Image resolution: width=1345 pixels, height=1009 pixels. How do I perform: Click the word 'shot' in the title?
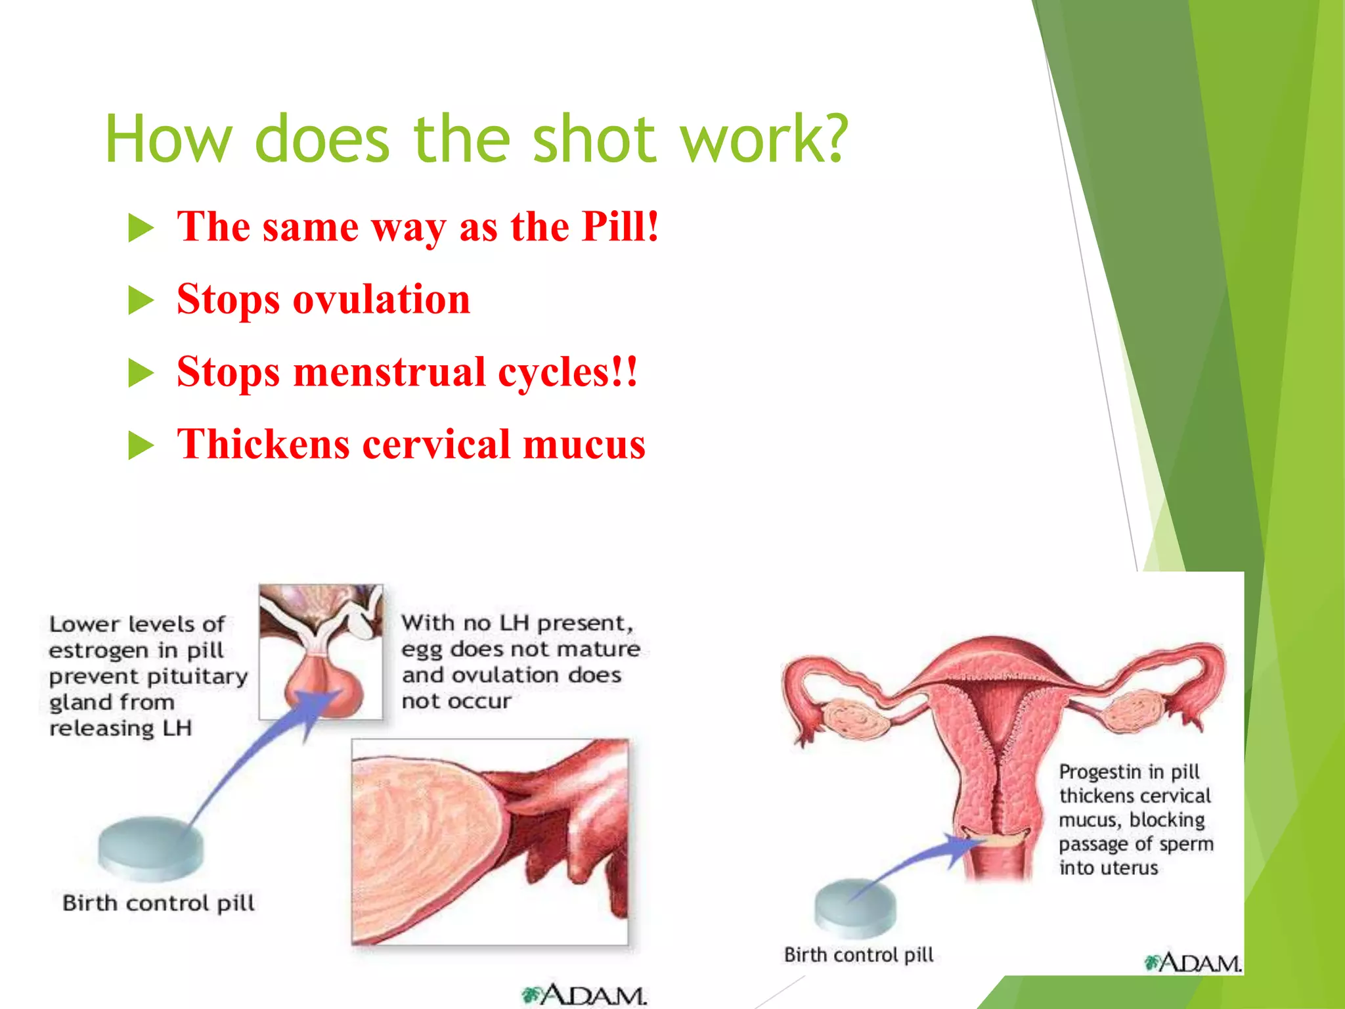[x=594, y=139]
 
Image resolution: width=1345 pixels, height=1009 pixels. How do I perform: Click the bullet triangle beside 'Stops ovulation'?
[x=141, y=301]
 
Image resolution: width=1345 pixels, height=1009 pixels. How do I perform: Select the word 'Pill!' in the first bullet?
[x=620, y=227]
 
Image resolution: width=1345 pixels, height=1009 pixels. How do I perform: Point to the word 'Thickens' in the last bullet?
[x=263, y=444]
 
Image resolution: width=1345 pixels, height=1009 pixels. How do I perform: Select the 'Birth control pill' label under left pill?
[x=158, y=903]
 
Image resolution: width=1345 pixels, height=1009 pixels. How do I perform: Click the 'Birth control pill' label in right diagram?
[x=858, y=954]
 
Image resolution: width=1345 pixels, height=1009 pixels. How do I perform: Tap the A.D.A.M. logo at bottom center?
[x=584, y=995]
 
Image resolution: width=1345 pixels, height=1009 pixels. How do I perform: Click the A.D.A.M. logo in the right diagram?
[x=1193, y=963]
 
